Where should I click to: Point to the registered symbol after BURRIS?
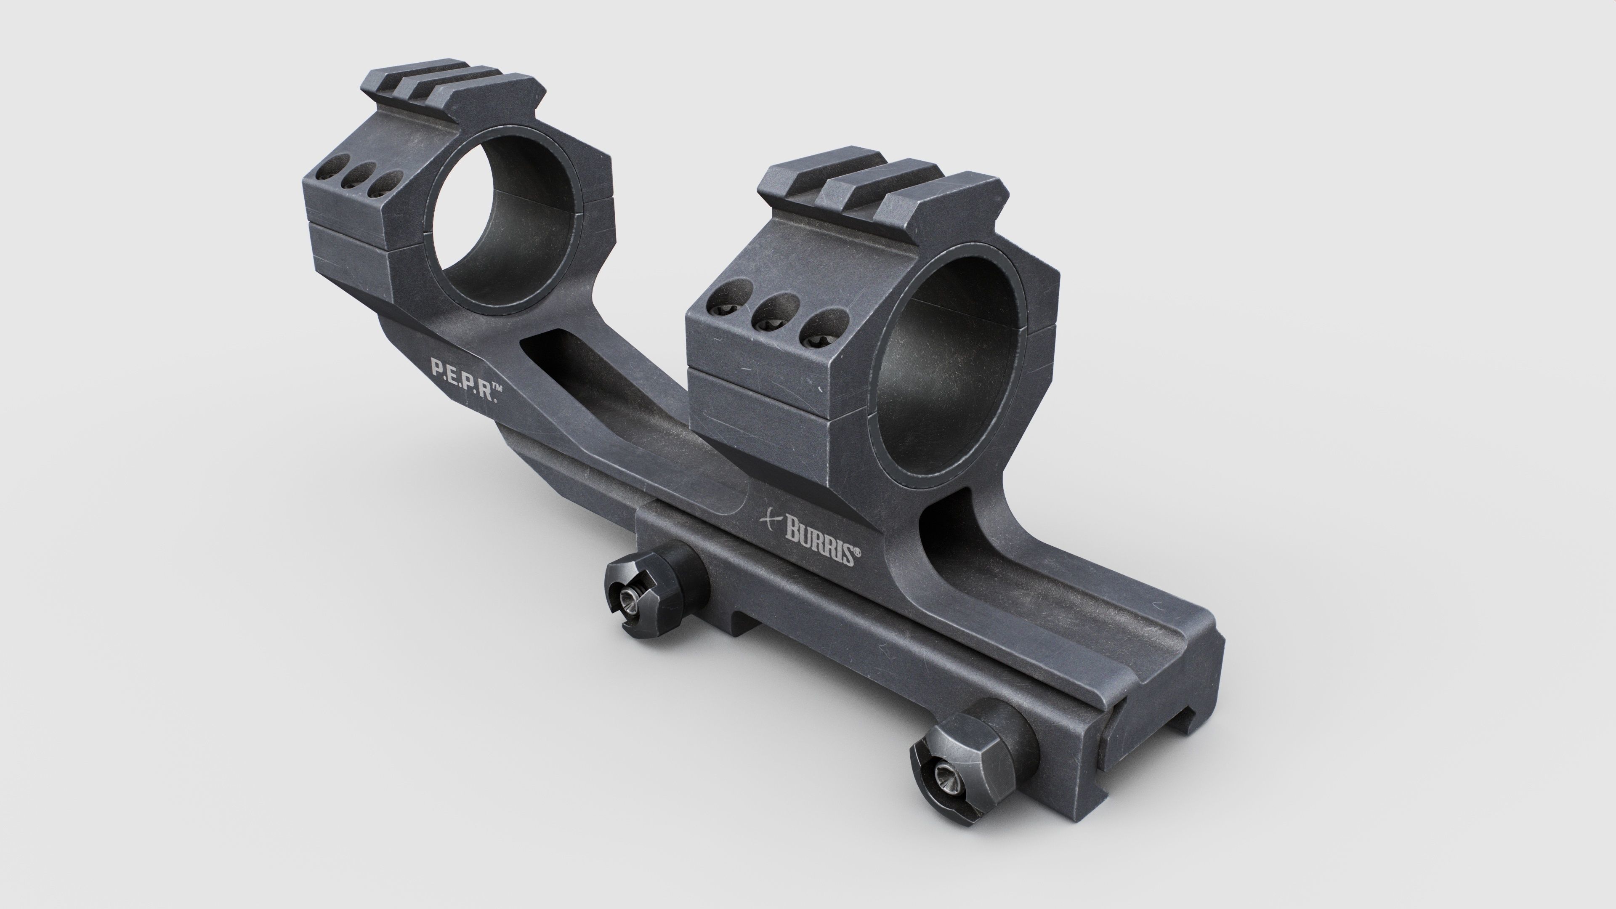(x=856, y=553)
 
